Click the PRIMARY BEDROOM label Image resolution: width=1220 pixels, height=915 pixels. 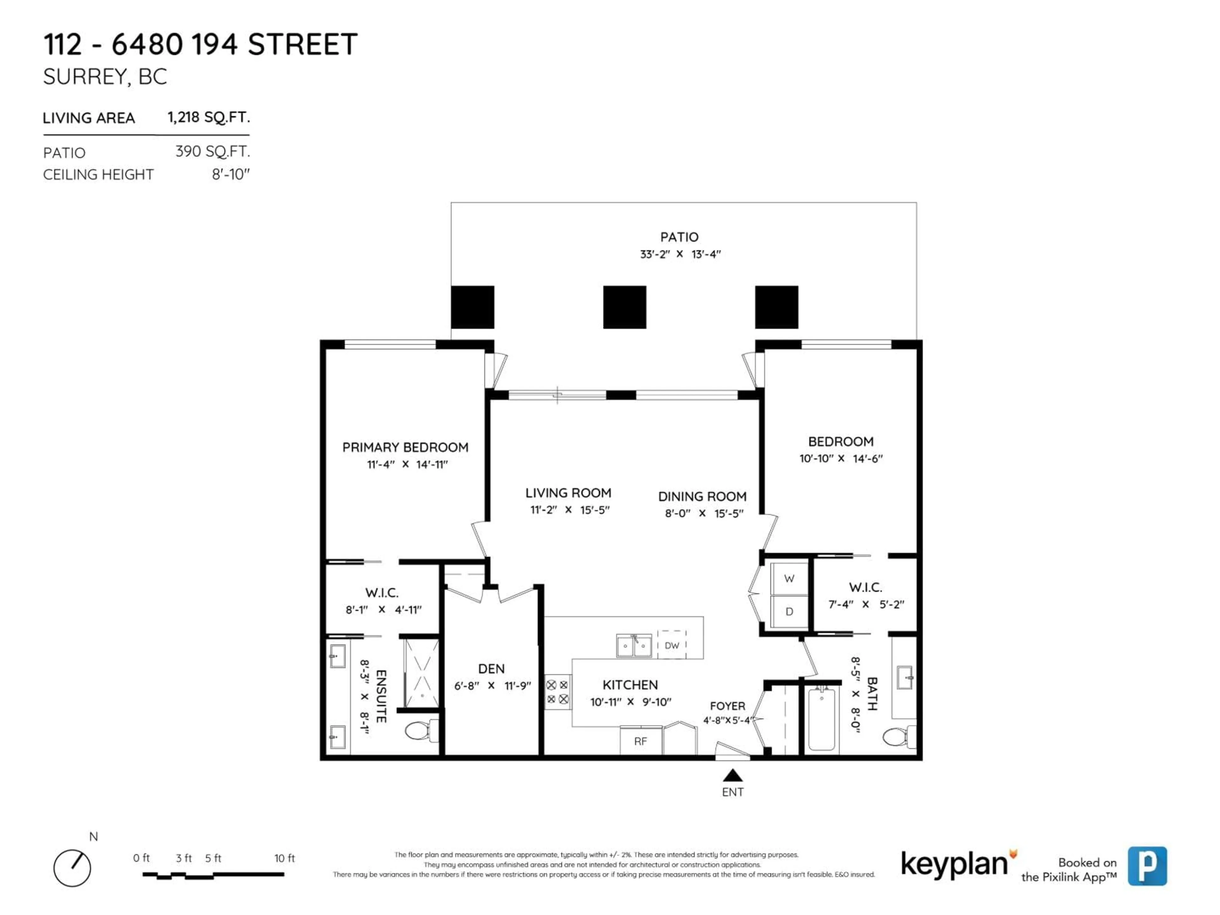click(405, 447)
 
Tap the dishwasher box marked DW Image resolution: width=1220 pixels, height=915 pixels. click(672, 645)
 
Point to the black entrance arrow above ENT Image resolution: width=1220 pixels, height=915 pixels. click(732, 776)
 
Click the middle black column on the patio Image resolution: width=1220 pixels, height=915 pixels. click(624, 307)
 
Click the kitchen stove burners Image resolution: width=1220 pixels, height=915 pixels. click(558, 692)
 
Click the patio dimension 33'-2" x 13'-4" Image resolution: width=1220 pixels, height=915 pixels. click(680, 254)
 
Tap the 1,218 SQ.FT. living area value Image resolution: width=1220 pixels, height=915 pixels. click(208, 118)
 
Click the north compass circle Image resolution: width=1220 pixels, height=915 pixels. click(72, 868)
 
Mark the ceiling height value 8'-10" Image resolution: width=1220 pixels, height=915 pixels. click(231, 175)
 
